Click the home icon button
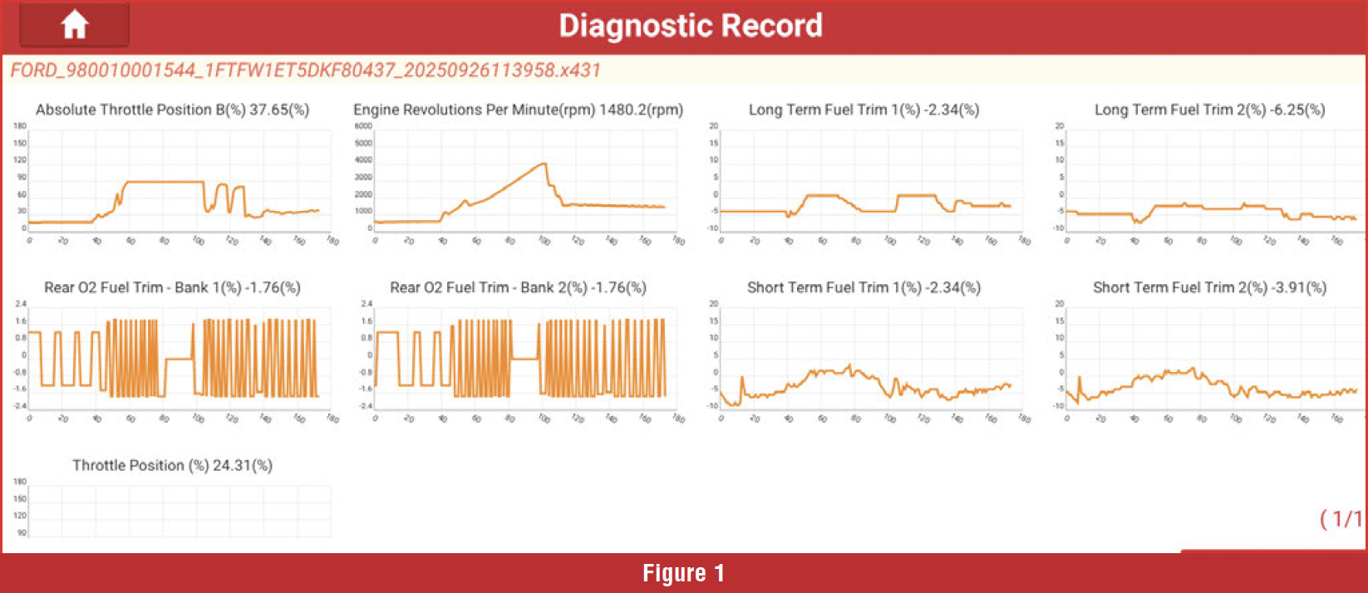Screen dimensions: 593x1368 click(74, 25)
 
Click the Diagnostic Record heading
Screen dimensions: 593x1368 click(690, 26)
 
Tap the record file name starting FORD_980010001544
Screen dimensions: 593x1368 click(305, 70)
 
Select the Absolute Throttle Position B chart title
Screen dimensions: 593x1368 click(172, 110)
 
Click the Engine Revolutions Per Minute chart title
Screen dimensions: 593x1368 click(518, 110)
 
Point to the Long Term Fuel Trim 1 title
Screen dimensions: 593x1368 click(864, 110)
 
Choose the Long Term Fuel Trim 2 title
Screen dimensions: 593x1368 click(1209, 110)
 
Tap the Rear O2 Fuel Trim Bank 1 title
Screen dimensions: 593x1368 click(172, 287)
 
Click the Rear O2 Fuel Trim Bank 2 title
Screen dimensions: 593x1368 click(518, 287)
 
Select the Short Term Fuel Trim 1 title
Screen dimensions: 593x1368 click(864, 287)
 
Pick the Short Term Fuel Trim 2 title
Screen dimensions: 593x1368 click(1209, 287)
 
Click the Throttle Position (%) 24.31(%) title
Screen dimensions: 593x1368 click(172, 465)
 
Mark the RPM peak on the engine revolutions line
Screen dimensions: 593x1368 click(544, 164)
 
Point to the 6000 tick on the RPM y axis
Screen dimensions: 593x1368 click(363, 126)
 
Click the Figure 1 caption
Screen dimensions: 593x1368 click(683, 573)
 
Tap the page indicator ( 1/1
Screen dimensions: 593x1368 click(1341, 519)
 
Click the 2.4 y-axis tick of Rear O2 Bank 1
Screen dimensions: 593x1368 click(20, 304)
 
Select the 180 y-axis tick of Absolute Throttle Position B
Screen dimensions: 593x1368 click(20, 126)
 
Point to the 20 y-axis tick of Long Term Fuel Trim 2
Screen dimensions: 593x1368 click(1059, 126)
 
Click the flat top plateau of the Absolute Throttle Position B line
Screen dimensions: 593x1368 click(164, 182)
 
